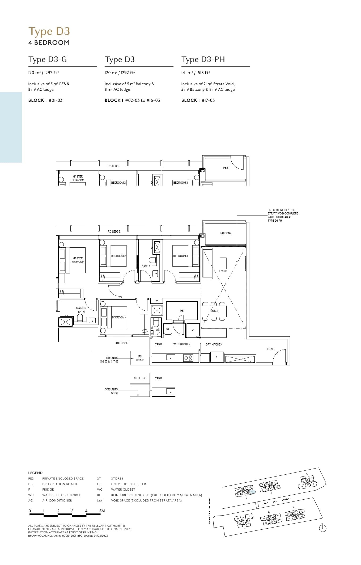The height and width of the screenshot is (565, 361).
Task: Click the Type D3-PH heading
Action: pos(203,60)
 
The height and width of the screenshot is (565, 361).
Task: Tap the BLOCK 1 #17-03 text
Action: pos(198,100)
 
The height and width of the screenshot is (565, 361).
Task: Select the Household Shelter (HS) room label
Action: pos(182,311)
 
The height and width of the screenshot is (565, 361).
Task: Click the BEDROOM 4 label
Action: pos(119,317)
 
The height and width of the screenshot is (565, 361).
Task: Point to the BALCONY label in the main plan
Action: pos(225,233)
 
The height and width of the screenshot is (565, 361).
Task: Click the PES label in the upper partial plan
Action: pos(225,168)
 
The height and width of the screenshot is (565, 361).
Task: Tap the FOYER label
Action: pos(271,349)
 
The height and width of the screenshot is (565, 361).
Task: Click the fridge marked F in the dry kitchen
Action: pos(217,357)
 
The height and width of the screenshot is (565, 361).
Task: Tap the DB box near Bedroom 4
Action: pos(156,301)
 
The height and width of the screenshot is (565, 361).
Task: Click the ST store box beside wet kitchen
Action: pos(193,330)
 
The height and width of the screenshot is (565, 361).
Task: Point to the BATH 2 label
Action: pos(146,266)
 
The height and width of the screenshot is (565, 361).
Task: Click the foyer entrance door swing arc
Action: pos(279,356)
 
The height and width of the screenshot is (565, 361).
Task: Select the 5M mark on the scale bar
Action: pos(102,511)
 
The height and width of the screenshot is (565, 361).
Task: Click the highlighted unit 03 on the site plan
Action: pos(252,492)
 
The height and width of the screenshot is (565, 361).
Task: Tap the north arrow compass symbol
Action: pos(322,528)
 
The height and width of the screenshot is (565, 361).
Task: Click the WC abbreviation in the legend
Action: pos(100,489)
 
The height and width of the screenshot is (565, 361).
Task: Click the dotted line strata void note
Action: pos(282,215)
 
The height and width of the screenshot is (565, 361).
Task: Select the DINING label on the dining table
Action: pos(214,311)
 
